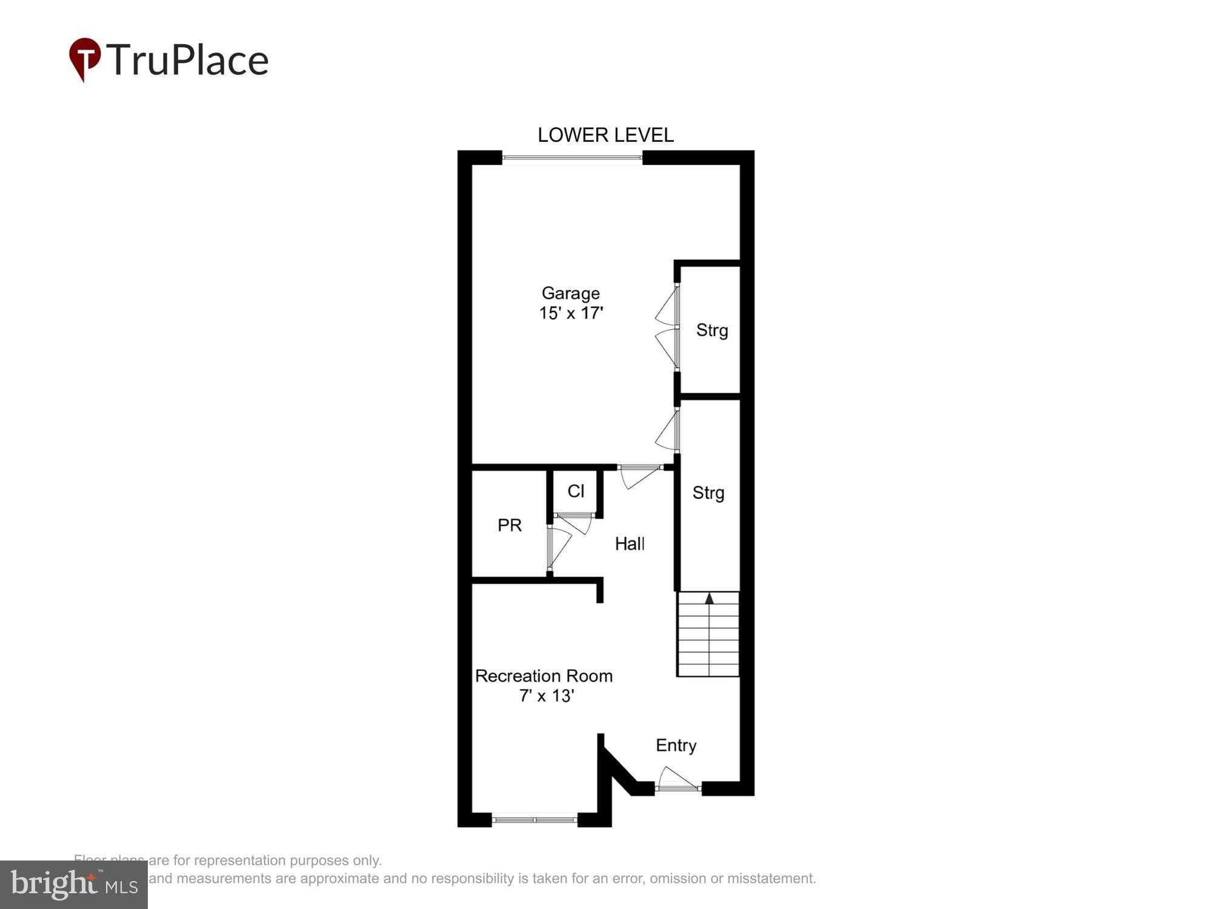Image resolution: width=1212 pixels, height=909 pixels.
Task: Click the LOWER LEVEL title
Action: coord(605,135)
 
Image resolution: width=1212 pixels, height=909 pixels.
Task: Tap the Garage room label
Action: coord(570,293)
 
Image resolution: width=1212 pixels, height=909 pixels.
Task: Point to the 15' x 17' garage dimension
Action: coord(571,313)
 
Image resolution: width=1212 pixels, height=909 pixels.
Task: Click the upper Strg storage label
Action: coord(711,330)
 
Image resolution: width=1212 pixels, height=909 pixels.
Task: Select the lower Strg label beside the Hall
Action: coord(708,493)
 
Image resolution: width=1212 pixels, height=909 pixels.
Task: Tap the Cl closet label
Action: coord(576,491)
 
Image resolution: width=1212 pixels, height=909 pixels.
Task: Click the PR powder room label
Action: coord(509,525)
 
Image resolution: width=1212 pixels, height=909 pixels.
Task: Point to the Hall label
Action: coord(629,544)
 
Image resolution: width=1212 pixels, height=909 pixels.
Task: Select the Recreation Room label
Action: coord(544,676)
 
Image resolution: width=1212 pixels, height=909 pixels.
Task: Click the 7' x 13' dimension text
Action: coord(546,696)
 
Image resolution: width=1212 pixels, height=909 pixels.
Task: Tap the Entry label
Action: coord(676,745)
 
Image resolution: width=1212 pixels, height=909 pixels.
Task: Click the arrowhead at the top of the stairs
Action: coord(709,599)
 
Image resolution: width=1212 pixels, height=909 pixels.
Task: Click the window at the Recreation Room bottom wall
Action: coord(534,820)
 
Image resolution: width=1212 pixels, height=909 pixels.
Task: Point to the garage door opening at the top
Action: coord(571,158)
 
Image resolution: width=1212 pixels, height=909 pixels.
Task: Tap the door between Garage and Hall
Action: coord(639,474)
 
